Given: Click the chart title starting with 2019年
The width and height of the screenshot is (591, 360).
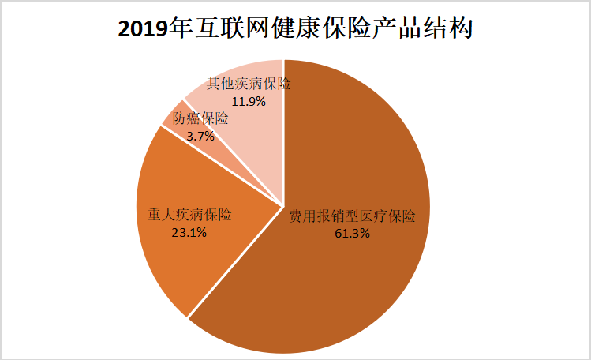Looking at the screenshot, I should point(295,29).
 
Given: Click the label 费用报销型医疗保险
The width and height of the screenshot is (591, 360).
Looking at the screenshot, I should point(351,216).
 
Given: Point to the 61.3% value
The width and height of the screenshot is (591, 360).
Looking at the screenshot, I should point(351,233).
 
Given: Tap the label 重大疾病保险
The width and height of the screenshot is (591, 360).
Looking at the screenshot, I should point(190,215).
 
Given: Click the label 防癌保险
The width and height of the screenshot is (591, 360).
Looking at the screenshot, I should point(201,119).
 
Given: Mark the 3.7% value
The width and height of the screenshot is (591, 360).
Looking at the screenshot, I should point(200,136).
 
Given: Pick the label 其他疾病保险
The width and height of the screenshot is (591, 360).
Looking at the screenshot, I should point(249,84).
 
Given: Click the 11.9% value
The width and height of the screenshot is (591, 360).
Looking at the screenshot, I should point(248,101).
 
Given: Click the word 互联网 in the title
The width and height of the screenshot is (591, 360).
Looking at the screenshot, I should point(223,29).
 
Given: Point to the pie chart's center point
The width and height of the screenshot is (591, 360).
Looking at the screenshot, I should point(283,206).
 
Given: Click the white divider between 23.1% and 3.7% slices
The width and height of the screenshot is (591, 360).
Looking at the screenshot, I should point(221,165).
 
